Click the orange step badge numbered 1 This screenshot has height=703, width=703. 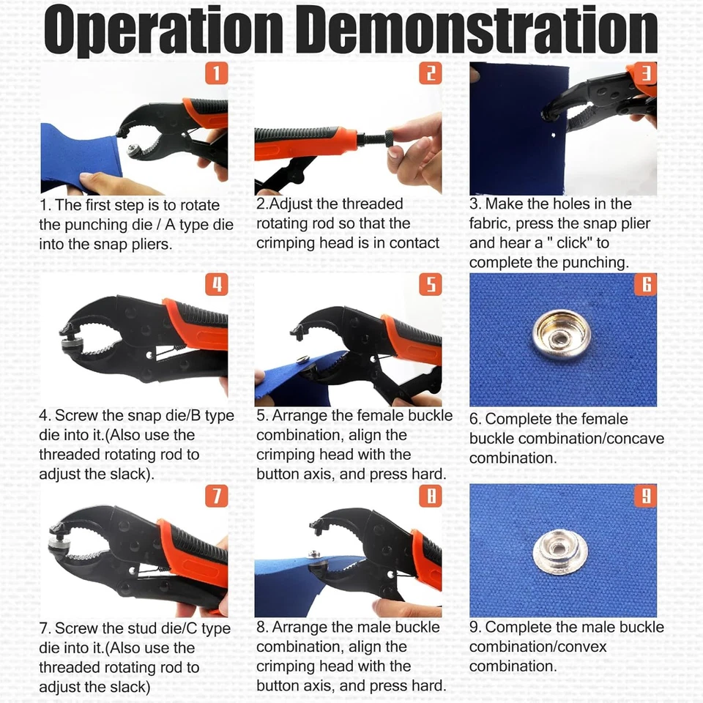coord(216,72)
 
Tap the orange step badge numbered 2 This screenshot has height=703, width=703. coord(430,72)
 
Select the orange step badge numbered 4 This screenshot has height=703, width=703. coord(216,284)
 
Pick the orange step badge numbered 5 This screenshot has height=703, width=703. coord(430,284)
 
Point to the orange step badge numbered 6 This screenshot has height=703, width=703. coord(645,284)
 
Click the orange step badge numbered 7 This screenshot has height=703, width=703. coord(216,496)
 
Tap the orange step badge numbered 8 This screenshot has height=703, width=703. coord(430,496)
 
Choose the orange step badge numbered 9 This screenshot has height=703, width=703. coord(645,496)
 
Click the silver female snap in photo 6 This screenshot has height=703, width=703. coord(561,335)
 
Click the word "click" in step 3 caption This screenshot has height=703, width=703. coord(569,242)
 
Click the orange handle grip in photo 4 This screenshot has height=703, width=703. coord(196,326)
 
